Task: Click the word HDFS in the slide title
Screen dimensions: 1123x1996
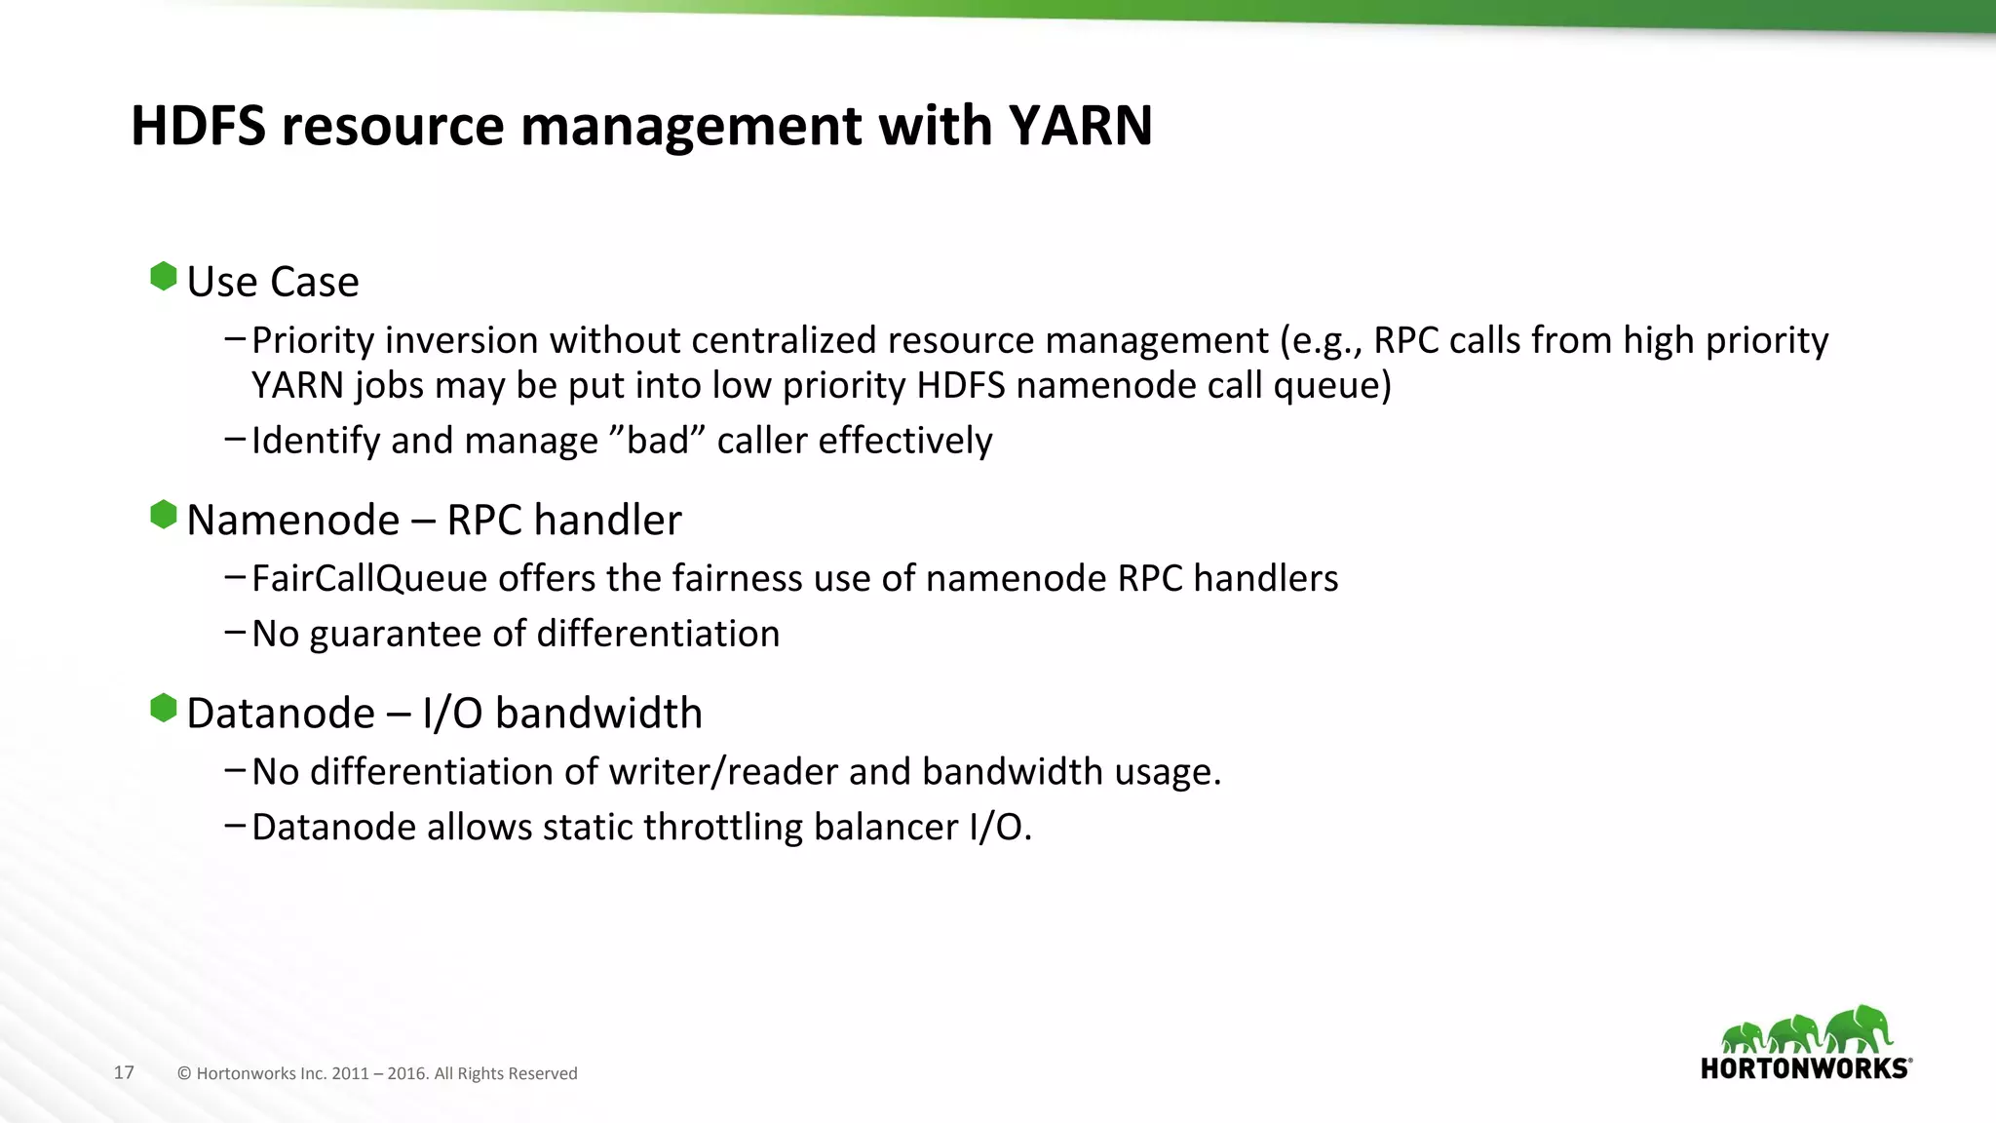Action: click(198, 126)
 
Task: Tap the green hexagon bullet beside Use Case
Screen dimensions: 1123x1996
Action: click(164, 277)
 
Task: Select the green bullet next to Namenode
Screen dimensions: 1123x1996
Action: click(164, 515)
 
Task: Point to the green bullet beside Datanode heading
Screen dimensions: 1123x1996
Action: click(164, 708)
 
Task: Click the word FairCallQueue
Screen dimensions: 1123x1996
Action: click(368, 579)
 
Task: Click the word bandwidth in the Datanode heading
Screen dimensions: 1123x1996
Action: click(598, 714)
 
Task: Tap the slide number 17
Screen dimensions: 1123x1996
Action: click(124, 1072)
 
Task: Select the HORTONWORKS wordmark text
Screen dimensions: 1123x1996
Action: click(1805, 1068)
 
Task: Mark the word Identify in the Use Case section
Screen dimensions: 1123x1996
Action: click(316, 442)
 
